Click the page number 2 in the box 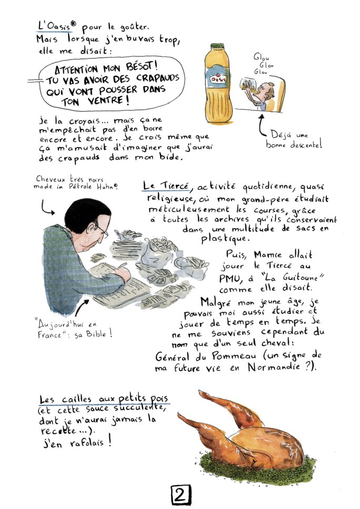pyautogui.click(x=181, y=495)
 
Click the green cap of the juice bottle pyautogui.click(x=217, y=46)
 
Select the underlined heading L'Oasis pyautogui.click(x=54, y=26)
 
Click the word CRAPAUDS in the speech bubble pyautogui.click(x=157, y=78)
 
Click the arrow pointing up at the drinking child pyautogui.click(x=262, y=125)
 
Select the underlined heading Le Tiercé pyautogui.click(x=166, y=186)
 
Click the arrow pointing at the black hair pyautogui.click(x=46, y=208)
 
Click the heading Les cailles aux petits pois pyautogui.click(x=104, y=399)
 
